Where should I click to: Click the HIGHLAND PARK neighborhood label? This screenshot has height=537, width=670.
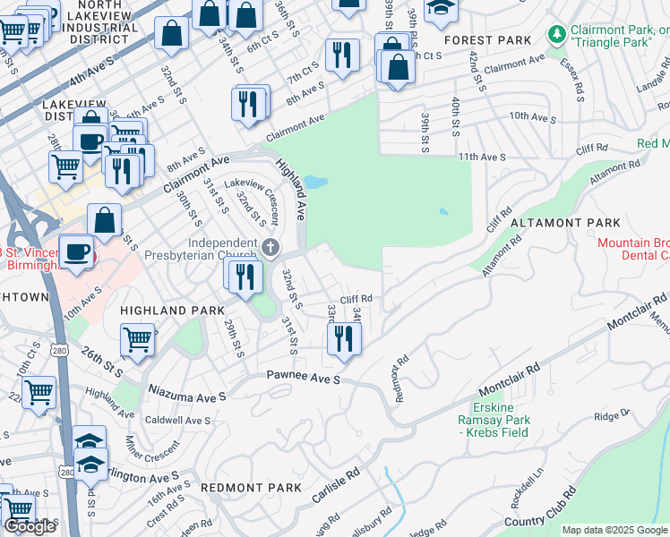pos(159,310)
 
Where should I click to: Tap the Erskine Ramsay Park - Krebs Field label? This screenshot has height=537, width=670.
pos(494,420)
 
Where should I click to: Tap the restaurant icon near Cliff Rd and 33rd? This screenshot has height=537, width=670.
pos(343,338)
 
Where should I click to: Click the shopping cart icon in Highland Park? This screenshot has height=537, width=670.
pos(136,338)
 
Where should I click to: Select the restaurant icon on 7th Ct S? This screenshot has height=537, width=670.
pos(341,55)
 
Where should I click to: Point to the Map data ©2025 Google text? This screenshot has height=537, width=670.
pos(614,530)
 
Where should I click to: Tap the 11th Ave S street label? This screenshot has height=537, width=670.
pos(482,157)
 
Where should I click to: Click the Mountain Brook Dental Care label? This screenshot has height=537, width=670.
pos(633,249)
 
